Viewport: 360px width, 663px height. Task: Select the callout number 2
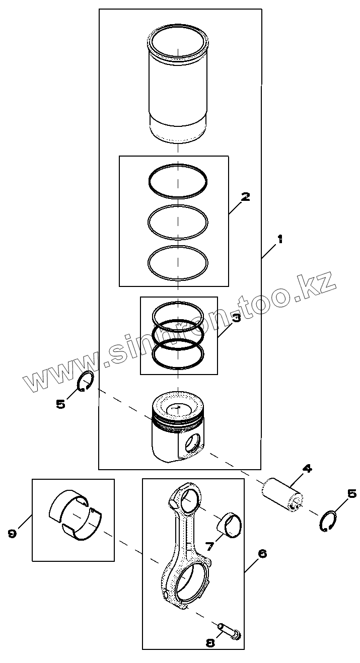(245, 197)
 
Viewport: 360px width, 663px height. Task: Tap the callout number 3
(236, 318)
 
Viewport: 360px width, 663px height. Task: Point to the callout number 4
(307, 469)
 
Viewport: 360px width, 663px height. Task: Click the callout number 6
(262, 554)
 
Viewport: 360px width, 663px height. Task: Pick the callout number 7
(210, 546)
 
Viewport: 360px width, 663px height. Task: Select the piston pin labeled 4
(283, 494)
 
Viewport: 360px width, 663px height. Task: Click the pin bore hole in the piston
(192, 444)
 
